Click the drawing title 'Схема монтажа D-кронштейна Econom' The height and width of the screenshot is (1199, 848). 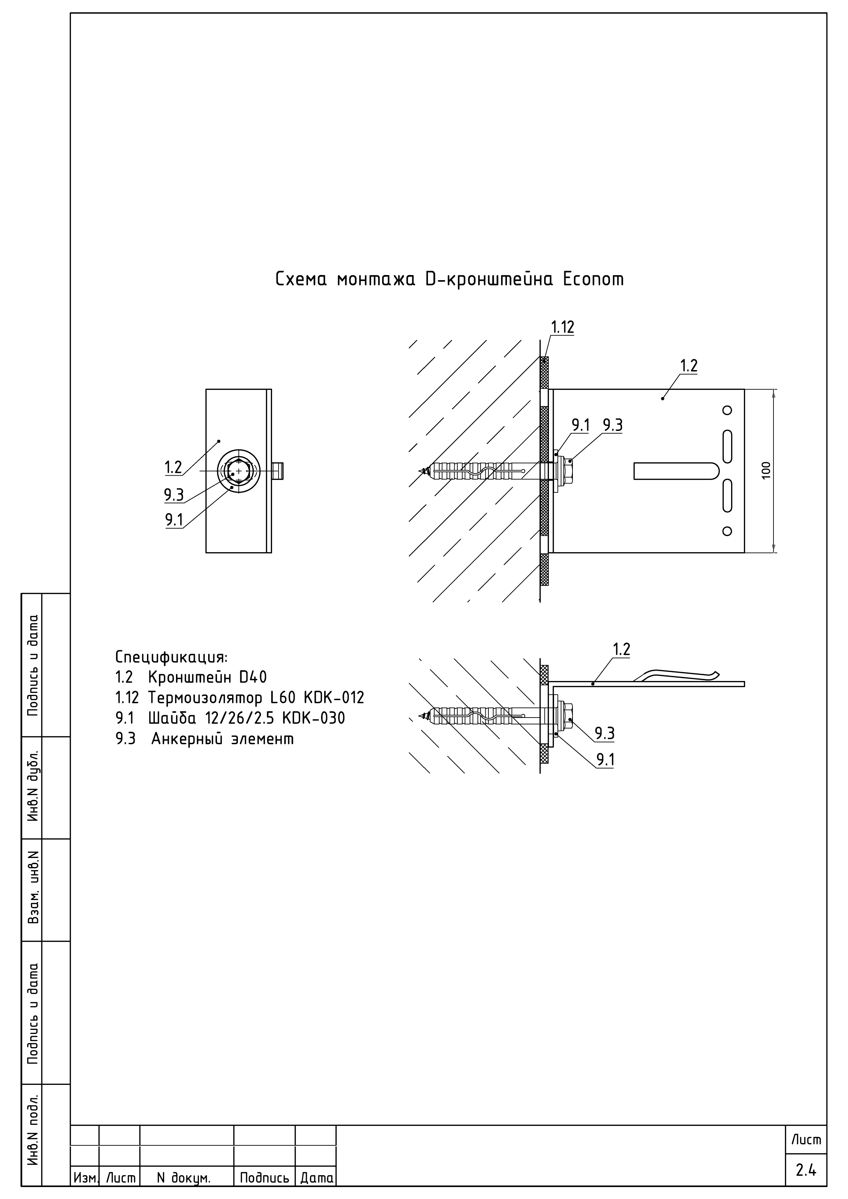point(449,280)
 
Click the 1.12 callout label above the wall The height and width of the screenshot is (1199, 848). point(562,327)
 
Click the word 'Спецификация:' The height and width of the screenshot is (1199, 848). point(171,656)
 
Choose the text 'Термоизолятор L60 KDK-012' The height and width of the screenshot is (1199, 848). point(256,698)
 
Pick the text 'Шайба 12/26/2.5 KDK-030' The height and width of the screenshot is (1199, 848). point(247,719)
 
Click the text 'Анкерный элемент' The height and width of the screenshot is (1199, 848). point(222,739)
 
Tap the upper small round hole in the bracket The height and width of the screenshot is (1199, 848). point(727,410)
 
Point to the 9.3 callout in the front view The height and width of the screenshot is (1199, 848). point(174,494)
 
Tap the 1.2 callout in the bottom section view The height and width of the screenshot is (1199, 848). point(621,650)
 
